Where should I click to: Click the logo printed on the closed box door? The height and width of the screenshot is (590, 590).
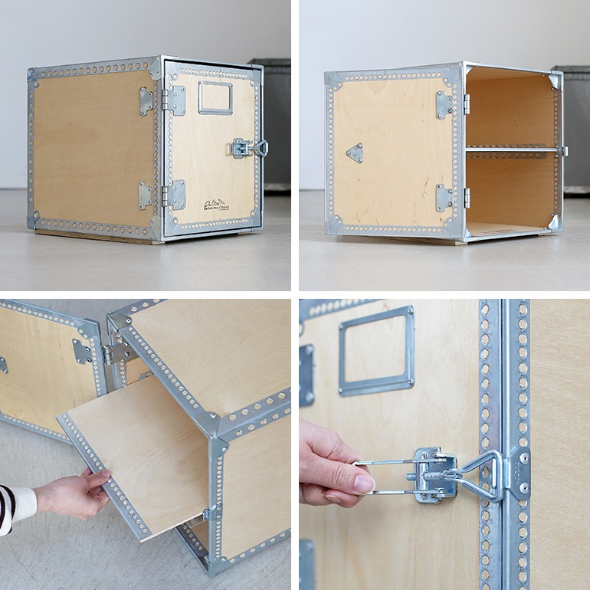215,205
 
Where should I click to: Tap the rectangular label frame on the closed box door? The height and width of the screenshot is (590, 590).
215,98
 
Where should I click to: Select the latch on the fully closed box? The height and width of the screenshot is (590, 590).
247,147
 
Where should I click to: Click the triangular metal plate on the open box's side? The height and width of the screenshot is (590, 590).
355,152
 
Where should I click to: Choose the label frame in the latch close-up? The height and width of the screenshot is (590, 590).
376,350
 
